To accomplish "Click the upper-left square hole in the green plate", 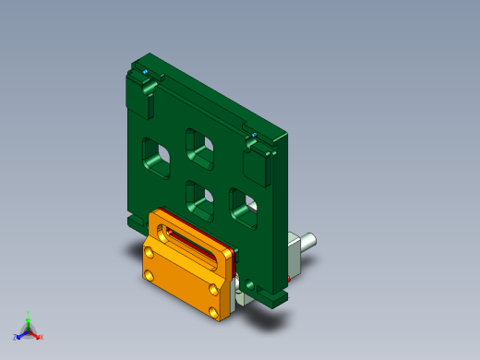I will coord(156,158).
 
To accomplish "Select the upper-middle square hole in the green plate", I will coord(201,149).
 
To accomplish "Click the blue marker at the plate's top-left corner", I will coord(146,71).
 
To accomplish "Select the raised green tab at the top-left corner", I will coord(144,96).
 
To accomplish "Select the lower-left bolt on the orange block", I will coord(149,274).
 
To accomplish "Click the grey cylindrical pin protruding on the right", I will coord(306,241).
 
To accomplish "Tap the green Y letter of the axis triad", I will coord(29,314).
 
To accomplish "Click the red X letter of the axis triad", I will coord(42,337).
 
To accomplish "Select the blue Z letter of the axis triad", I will coord(16,337).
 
